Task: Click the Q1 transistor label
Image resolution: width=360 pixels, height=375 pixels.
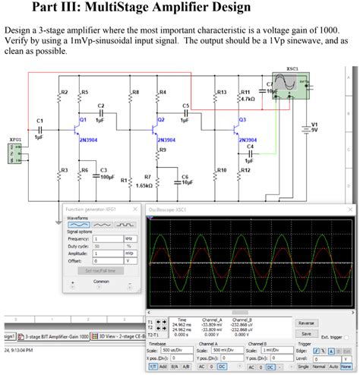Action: [x=83, y=120]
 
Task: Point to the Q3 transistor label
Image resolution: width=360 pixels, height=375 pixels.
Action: [x=242, y=119]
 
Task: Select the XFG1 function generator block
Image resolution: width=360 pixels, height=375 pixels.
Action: [x=14, y=152]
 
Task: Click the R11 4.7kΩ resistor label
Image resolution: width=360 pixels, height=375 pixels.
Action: [x=246, y=95]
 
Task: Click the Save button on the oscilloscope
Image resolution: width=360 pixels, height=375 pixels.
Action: [x=306, y=333]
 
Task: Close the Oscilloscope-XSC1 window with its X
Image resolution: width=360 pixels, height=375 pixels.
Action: [x=349, y=209]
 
